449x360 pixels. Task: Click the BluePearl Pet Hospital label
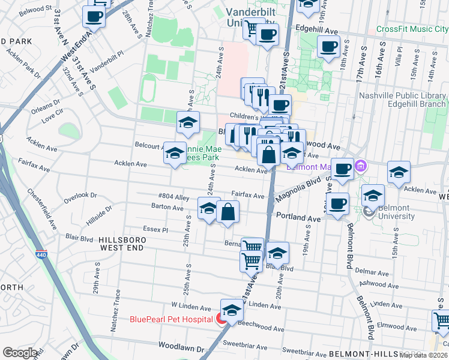(x=171, y=319)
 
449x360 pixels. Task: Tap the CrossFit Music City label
(x=412, y=29)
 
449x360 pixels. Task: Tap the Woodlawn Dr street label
(x=181, y=347)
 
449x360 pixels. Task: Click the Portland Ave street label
(x=298, y=218)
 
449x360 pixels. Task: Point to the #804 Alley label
(x=173, y=197)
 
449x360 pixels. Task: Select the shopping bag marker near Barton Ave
(x=228, y=212)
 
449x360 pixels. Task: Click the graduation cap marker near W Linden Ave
(x=232, y=310)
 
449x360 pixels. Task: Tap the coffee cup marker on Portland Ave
(x=337, y=203)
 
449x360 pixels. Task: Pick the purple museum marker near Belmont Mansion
(x=361, y=164)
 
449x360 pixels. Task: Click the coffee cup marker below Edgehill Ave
(x=328, y=47)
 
